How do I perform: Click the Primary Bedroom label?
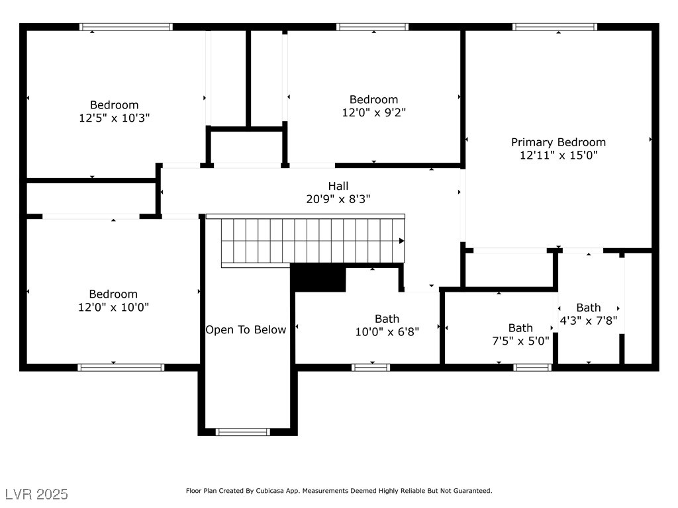pyautogui.click(x=558, y=143)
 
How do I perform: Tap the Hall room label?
pyautogui.click(x=338, y=186)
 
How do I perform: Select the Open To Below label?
pyautogui.click(x=246, y=330)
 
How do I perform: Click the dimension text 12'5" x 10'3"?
pyautogui.click(x=114, y=118)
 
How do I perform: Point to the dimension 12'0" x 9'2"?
pyautogui.click(x=374, y=112)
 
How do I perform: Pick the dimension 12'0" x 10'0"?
pyautogui.click(x=113, y=307)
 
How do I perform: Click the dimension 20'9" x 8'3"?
pyautogui.click(x=338, y=199)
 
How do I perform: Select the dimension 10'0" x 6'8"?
pyautogui.click(x=387, y=332)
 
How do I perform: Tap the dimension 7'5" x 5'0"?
pyautogui.click(x=520, y=341)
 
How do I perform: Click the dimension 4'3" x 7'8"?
pyautogui.click(x=589, y=321)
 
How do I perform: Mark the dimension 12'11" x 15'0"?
pyautogui.click(x=558, y=155)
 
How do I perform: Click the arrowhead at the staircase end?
pyautogui.click(x=402, y=241)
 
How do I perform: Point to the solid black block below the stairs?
pyautogui.click(x=318, y=277)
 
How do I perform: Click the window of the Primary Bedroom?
pyautogui.click(x=555, y=26)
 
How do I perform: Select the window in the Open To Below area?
pyautogui.click(x=242, y=432)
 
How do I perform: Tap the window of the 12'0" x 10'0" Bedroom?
pyautogui.click(x=121, y=368)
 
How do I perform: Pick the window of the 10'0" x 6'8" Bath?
pyautogui.click(x=371, y=368)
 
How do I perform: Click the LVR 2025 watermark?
pyautogui.click(x=37, y=494)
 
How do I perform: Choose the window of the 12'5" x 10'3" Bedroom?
pyautogui.click(x=126, y=26)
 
